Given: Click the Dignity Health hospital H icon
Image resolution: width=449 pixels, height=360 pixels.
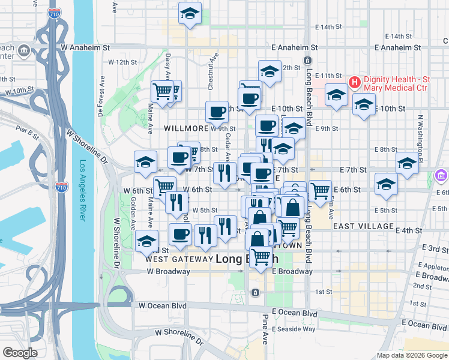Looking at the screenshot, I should coord(354,82).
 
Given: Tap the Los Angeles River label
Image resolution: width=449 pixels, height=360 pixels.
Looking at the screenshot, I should coord(83,191).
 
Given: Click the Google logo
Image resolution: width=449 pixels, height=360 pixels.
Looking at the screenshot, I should coord(20,353).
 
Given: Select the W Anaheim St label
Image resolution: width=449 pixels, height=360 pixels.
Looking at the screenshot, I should coord(86,46).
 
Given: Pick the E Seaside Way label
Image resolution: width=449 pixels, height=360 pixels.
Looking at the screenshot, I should coord(294,329).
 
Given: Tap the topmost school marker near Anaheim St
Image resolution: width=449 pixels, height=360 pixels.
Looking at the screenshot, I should coord(190,14).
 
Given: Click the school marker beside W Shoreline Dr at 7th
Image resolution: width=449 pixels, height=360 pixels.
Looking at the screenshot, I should coord(145,161).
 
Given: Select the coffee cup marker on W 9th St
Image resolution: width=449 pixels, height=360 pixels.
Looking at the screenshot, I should coord(217,111).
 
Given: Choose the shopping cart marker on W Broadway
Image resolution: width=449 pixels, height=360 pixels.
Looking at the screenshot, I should coord(261,257).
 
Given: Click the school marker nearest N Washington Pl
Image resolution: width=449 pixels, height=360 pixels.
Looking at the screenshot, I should coord(407,163).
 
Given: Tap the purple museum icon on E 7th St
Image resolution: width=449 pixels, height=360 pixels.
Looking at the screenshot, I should coord(441,176).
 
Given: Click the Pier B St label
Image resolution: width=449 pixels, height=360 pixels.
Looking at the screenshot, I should coord(28,128).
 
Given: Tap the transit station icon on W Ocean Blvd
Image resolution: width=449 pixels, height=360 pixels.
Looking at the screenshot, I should coord(255,292).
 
